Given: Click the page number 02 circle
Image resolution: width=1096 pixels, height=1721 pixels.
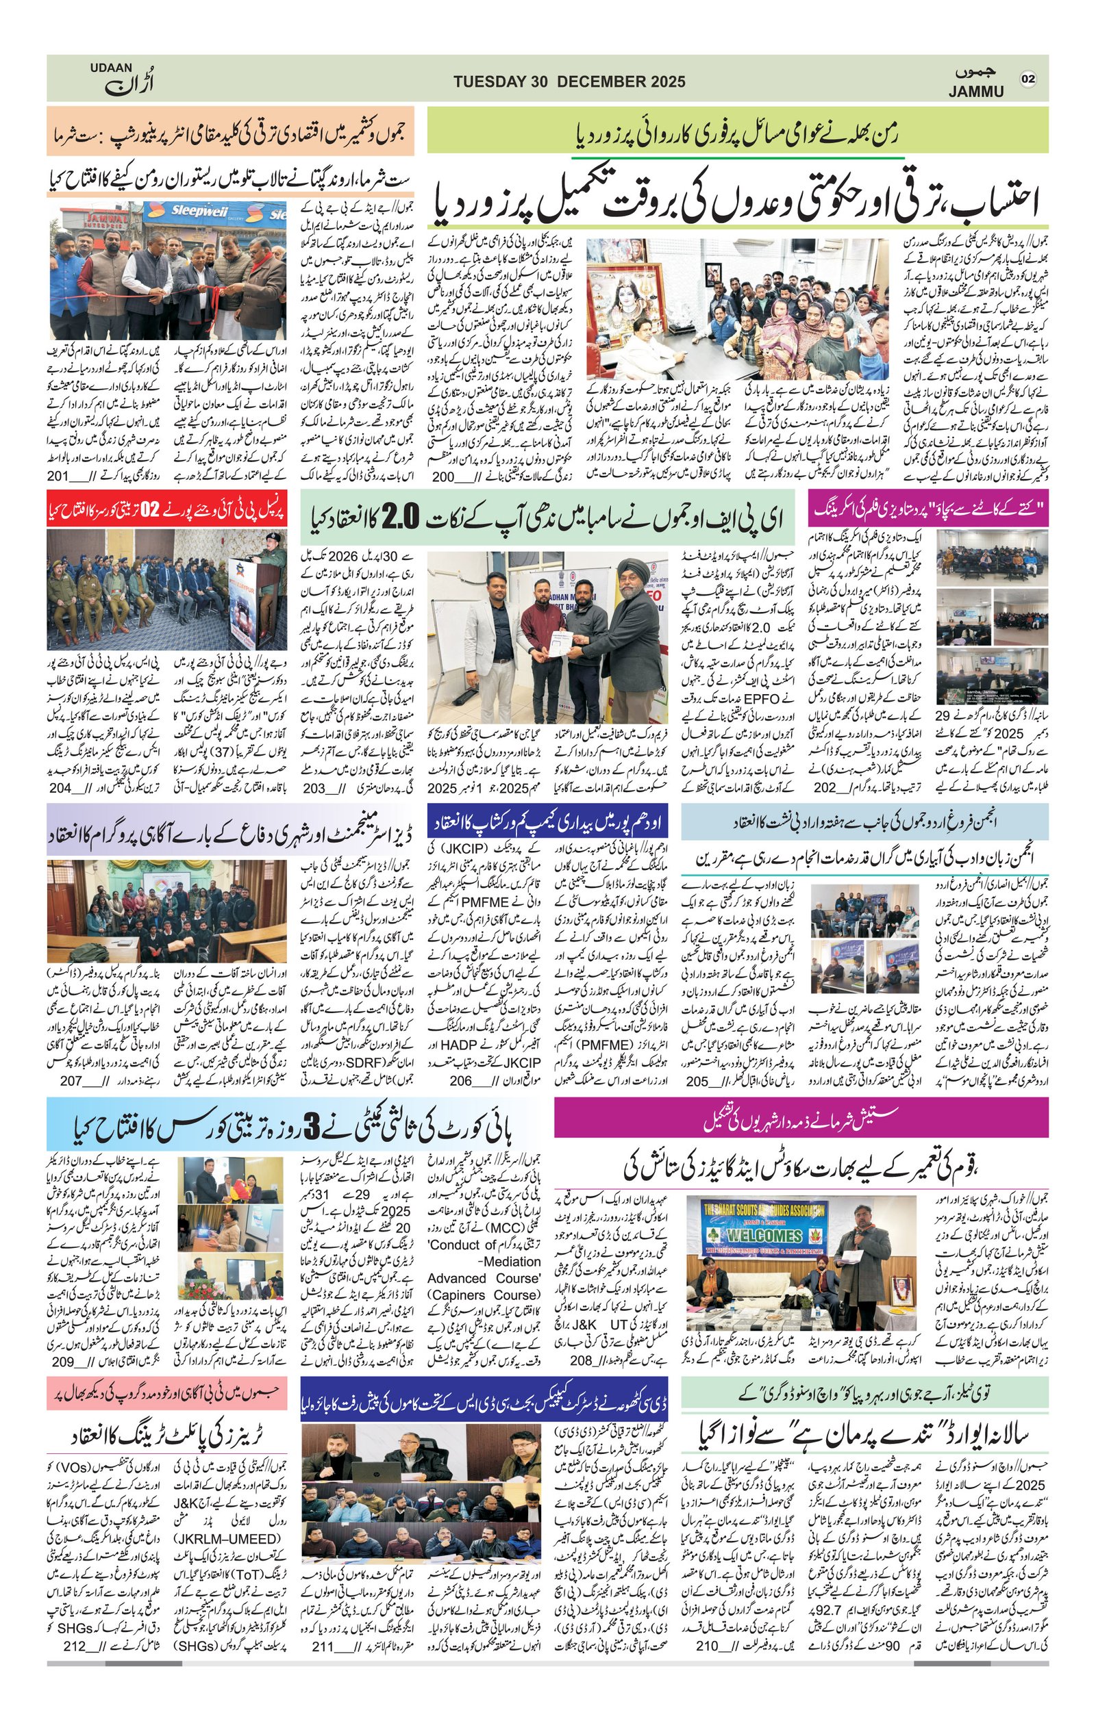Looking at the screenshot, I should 1028,79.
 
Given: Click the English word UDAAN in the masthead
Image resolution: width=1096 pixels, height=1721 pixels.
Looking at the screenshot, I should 111,67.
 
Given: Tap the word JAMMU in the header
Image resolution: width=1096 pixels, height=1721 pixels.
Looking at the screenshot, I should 976,92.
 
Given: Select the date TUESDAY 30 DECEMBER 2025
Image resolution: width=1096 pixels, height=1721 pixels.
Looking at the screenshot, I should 569,81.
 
